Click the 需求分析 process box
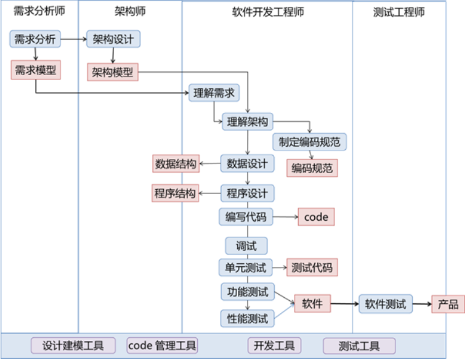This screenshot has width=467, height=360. click(x=35, y=39)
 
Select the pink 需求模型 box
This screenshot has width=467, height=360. click(x=35, y=70)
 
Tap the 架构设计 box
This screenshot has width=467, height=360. click(x=113, y=39)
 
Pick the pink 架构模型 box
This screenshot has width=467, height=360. click(x=113, y=72)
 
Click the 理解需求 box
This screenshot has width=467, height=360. click(x=214, y=93)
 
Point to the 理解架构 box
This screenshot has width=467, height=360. click(x=247, y=121)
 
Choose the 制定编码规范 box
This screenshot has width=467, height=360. click(x=309, y=142)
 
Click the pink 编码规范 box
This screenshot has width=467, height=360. click(x=312, y=168)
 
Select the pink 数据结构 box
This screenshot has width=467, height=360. click(x=176, y=164)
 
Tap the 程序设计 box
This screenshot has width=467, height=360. click(x=247, y=194)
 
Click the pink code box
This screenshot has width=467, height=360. click(x=316, y=217)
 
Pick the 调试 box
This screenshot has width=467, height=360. click(x=246, y=246)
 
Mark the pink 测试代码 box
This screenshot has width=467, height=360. click(x=312, y=268)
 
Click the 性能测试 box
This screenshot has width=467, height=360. click(x=247, y=318)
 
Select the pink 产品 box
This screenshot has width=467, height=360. click(x=448, y=304)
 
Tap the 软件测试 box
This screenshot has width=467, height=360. click(x=385, y=304)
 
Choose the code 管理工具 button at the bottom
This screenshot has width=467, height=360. click(x=162, y=346)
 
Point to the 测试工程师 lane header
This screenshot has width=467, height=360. click(x=399, y=12)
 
